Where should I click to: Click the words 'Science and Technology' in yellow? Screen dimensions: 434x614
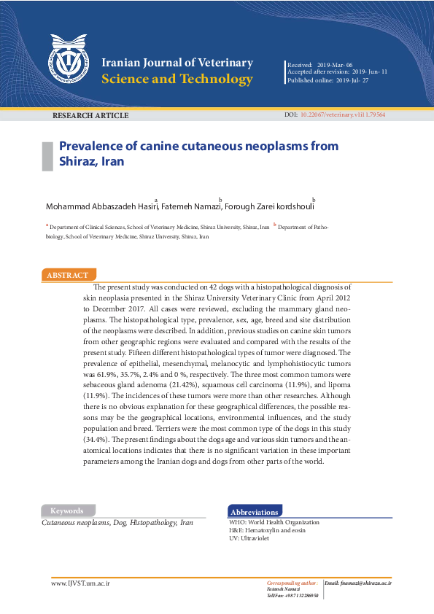tap(177, 79)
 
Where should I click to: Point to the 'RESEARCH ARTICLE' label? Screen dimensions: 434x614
tap(90, 116)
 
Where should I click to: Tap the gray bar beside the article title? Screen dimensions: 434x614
tap(47, 154)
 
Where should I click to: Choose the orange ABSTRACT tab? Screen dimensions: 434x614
tap(68, 276)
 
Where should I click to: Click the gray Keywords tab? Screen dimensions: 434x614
tap(67, 511)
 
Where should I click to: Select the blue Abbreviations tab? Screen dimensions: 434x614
tap(255, 513)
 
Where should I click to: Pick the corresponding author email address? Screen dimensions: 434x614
tap(357, 583)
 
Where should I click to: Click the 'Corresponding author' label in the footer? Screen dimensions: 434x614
tap(291, 583)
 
